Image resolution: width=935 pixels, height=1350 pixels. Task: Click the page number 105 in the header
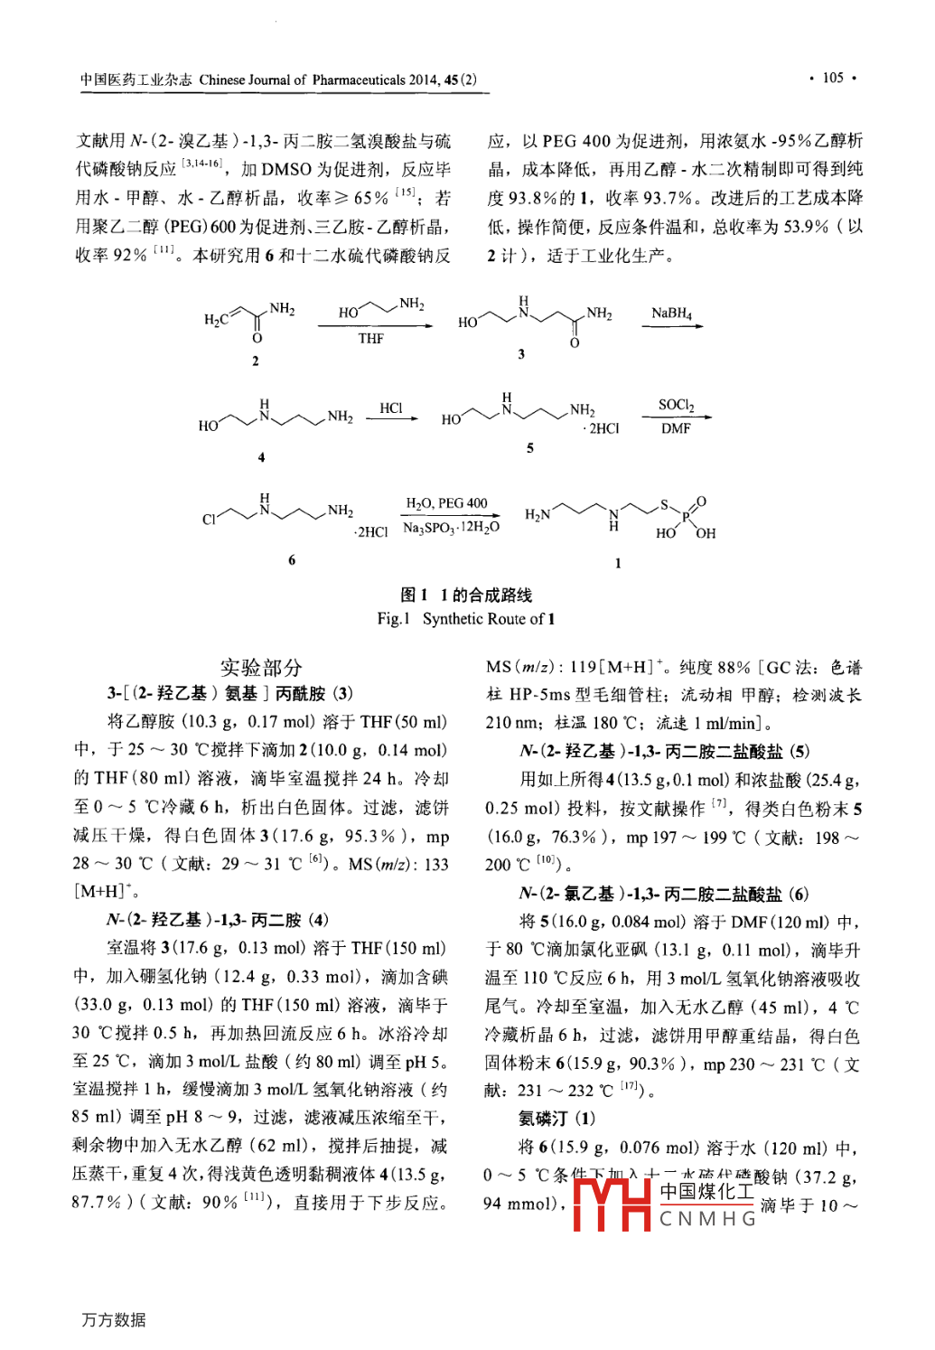tap(832, 78)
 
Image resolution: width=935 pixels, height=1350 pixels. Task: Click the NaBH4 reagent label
tap(671, 313)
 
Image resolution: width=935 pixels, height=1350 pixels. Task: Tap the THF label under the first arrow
tap(371, 339)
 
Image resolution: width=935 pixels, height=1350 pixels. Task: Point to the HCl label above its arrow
tap(391, 408)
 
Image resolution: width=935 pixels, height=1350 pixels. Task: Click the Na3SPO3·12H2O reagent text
tap(451, 528)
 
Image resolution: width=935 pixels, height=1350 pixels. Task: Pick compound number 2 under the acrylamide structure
tap(256, 361)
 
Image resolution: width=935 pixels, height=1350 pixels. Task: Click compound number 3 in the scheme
tap(521, 354)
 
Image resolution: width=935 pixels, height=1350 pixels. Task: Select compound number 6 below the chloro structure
tap(292, 560)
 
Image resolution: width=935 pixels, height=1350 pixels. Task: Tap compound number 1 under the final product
tap(618, 563)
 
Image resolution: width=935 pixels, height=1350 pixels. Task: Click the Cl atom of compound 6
tap(209, 520)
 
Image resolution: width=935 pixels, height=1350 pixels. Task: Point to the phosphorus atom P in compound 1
tap(686, 516)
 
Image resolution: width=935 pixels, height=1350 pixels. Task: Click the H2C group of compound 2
tap(217, 319)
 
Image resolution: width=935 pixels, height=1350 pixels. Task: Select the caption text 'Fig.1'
tap(394, 619)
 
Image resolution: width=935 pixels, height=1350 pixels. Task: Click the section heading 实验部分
tap(261, 668)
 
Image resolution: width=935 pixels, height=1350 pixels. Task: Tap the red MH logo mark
tap(612, 1203)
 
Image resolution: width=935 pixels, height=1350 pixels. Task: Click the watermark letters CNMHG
tap(708, 1219)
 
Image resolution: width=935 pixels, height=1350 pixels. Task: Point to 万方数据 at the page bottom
tap(114, 1319)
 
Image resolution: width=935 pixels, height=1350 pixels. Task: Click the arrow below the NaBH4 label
tap(672, 325)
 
